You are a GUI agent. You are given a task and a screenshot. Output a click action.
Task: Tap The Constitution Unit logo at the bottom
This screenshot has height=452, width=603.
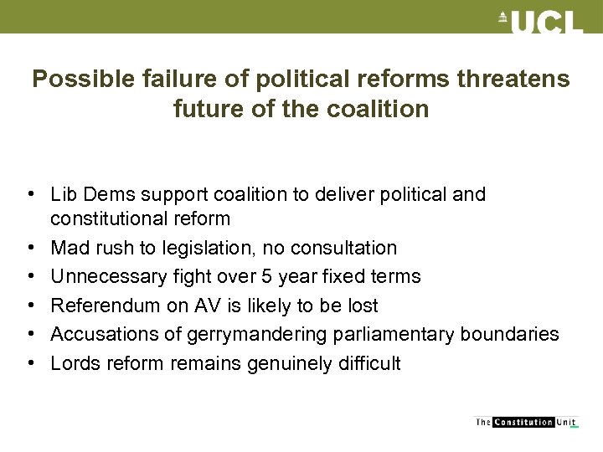point(525,423)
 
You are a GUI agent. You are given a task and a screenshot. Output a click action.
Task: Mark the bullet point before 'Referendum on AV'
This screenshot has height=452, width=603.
point(29,306)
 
